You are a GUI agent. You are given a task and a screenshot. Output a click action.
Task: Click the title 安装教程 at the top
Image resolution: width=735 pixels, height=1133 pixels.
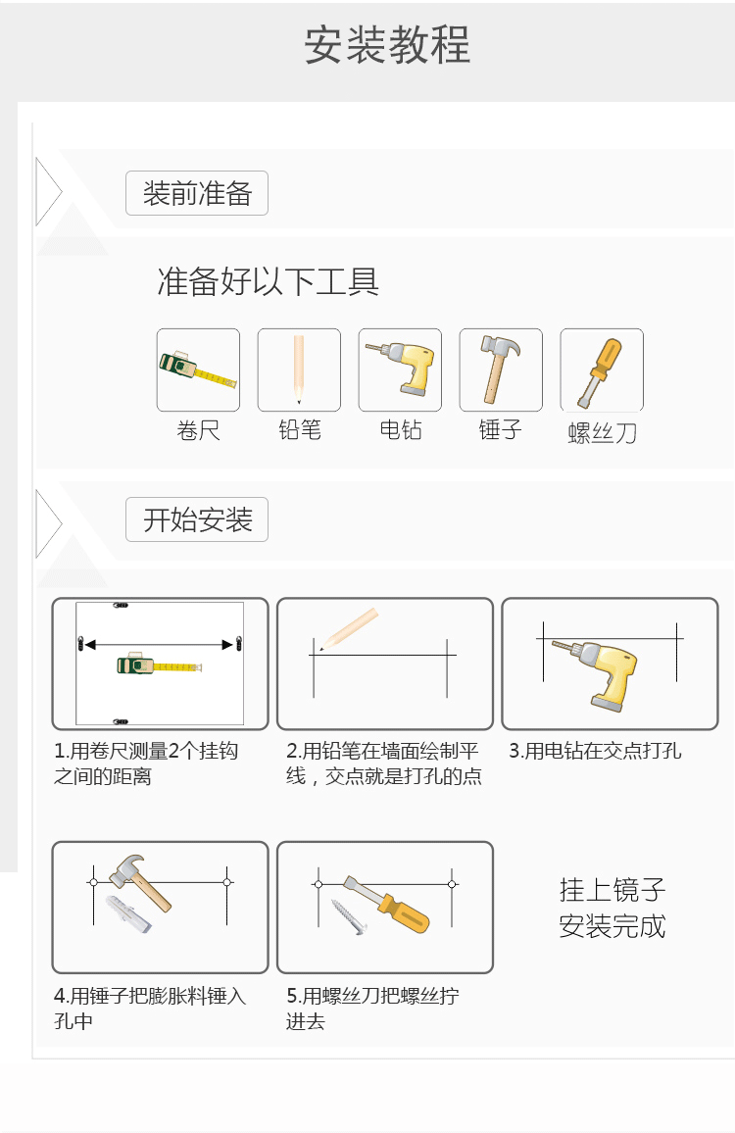pos(387,45)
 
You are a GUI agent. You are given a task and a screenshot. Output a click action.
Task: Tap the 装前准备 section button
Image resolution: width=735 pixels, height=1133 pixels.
pos(197,193)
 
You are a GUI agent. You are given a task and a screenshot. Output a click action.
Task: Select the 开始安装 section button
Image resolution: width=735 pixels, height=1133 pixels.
pos(197,519)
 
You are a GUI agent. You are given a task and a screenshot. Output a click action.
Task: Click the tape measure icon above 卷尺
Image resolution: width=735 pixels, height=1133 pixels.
pos(198,369)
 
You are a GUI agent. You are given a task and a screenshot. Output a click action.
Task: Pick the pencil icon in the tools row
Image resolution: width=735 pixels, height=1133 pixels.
pos(299,369)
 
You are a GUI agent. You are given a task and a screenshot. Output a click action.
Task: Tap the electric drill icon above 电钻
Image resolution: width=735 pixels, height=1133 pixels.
pos(400,369)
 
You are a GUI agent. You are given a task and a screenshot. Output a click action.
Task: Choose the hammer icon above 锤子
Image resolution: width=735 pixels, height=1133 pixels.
pos(500,369)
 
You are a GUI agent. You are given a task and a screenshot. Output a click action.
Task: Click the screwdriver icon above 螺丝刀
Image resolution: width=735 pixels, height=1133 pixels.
pos(601,370)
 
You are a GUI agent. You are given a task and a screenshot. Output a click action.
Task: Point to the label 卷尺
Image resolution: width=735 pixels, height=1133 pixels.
pos(198,430)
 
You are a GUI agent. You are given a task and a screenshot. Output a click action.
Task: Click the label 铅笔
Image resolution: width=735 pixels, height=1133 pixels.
pos(299,430)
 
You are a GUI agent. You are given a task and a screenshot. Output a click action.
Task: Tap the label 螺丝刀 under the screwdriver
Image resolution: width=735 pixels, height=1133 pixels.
pos(602,433)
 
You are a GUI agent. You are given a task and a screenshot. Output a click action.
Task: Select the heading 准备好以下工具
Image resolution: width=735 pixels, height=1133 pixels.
pos(268,282)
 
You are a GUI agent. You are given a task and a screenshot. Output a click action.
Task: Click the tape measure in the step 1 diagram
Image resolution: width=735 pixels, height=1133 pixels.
pos(159,665)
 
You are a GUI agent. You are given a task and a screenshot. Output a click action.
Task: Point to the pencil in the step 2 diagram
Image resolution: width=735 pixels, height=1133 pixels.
pos(349,628)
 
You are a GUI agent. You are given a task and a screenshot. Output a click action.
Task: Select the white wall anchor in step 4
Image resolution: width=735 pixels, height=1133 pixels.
pos(129,912)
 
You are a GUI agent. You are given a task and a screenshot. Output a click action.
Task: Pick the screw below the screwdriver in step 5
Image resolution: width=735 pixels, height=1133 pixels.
pos(350,915)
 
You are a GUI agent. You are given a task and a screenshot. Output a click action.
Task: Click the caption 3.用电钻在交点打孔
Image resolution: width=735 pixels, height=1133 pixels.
pos(595,752)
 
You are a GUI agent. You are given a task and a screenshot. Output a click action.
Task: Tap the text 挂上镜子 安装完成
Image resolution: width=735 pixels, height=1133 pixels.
pos(612,908)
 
